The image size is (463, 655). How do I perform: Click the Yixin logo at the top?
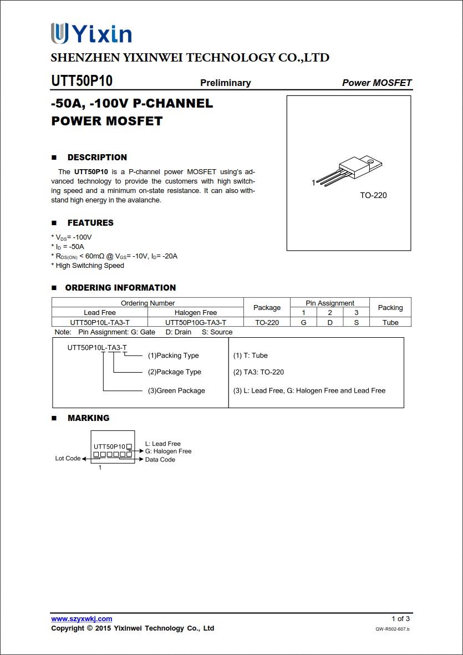click(x=91, y=34)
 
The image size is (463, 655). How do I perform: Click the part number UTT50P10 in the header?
click(x=82, y=81)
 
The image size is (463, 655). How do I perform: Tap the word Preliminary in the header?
click(x=225, y=83)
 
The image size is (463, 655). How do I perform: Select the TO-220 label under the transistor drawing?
click(x=373, y=195)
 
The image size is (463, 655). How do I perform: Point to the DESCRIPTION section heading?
click(x=97, y=158)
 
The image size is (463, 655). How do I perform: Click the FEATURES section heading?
click(x=90, y=223)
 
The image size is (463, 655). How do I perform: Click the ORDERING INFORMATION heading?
click(x=120, y=288)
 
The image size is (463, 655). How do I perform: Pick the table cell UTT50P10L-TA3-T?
click(x=100, y=322)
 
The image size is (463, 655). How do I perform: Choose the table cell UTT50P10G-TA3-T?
click(x=196, y=322)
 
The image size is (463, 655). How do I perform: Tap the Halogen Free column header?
click(x=196, y=313)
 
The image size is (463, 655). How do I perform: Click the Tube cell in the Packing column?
click(x=390, y=322)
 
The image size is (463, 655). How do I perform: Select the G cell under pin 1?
click(x=303, y=322)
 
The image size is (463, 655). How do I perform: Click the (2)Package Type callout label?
click(x=174, y=372)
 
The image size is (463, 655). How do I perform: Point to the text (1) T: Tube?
click(x=250, y=356)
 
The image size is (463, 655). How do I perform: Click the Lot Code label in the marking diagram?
click(x=68, y=459)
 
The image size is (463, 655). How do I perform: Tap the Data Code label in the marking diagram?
click(x=160, y=460)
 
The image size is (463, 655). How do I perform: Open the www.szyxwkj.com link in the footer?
click(x=82, y=619)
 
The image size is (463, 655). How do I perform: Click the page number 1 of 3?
click(x=400, y=619)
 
